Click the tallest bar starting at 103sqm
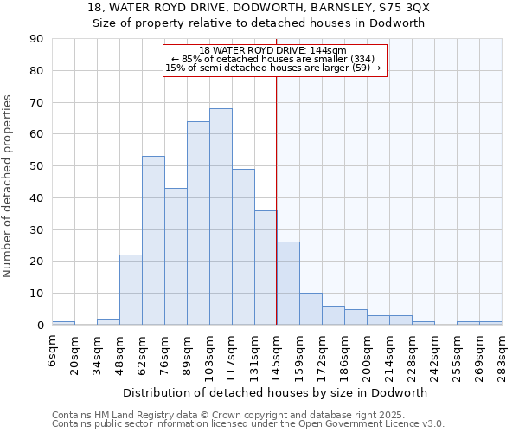point(221,216)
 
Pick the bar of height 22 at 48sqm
point(131,290)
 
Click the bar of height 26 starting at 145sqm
point(288,283)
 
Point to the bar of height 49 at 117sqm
point(243,247)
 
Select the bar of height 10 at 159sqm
point(311,309)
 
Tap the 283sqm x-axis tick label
point(503,352)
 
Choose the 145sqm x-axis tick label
point(278,352)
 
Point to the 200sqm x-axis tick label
point(368,352)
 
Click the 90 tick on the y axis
point(36,39)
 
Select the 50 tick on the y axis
point(36,166)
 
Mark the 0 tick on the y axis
point(40,325)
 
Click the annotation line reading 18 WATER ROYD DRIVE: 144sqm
point(272,50)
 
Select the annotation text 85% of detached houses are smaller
point(273,59)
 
